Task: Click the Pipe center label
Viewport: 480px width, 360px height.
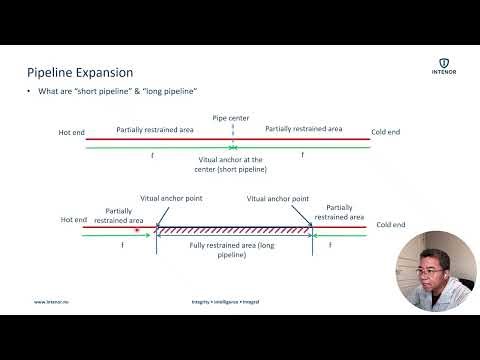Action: [230, 118]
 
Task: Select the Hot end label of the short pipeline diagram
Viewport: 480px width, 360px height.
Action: [71, 132]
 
